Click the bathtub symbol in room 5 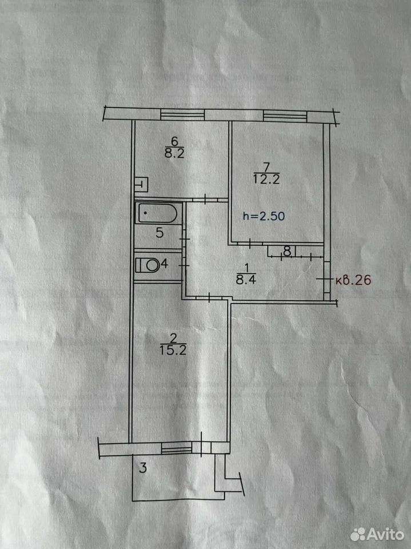tap(158, 213)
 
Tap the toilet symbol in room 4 tap(147, 265)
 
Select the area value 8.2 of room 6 tap(174, 153)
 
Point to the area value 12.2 tap(266, 179)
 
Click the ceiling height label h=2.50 tap(264, 216)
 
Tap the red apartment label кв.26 tap(353, 280)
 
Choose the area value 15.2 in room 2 tap(173, 350)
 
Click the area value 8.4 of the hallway tap(246, 280)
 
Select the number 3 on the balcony tap(143, 467)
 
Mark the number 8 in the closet tap(287, 252)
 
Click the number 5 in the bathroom tap(159, 233)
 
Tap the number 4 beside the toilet tap(165, 263)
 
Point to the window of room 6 tap(182, 115)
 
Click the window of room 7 tap(285, 116)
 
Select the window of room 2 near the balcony tap(177, 448)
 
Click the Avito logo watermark tap(377, 534)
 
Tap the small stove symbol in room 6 tap(141, 184)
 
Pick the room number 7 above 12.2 tap(267, 166)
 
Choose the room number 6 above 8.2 tap(174, 141)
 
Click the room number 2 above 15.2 tap(173, 338)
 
